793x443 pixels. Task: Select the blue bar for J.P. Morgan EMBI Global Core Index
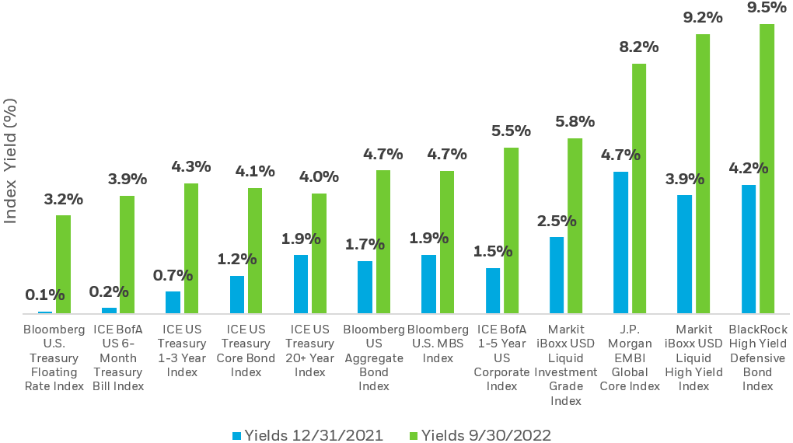(x=620, y=243)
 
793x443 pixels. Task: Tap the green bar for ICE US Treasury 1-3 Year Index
(x=191, y=249)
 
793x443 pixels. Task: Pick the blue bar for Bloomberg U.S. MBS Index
(x=428, y=284)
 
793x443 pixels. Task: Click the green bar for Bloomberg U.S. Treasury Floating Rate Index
(x=63, y=264)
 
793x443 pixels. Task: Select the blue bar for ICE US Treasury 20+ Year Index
(x=301, y=284)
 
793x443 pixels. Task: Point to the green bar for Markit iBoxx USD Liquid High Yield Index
(x=703, y=174)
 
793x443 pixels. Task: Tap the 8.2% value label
(x=639, y=47)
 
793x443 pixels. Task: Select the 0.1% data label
(x=45, y=295)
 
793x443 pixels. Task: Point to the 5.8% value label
(x=575, y=121)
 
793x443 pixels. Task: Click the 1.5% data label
(x=493, y=251)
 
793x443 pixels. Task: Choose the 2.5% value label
(x=557, y=221)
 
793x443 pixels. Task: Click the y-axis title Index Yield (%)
(x=11, y=160)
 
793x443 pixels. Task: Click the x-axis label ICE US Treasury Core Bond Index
(x=246, y=351)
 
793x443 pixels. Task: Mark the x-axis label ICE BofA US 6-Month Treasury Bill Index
(x=118, y=358)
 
